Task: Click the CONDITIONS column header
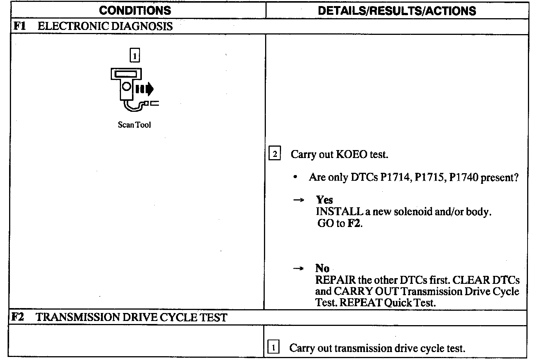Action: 135,10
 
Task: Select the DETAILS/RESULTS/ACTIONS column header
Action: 397,10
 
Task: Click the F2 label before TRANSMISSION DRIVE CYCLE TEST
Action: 17,317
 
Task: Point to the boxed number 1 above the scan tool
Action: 135,56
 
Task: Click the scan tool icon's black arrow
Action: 149,89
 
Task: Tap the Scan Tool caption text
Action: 134,125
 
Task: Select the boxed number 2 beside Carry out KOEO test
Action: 275,154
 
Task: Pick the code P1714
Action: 395,177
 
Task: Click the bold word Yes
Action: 324,200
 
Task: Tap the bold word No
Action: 322,268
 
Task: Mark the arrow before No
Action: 298,269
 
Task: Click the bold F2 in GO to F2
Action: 354,223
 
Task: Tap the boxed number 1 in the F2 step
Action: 273,347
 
